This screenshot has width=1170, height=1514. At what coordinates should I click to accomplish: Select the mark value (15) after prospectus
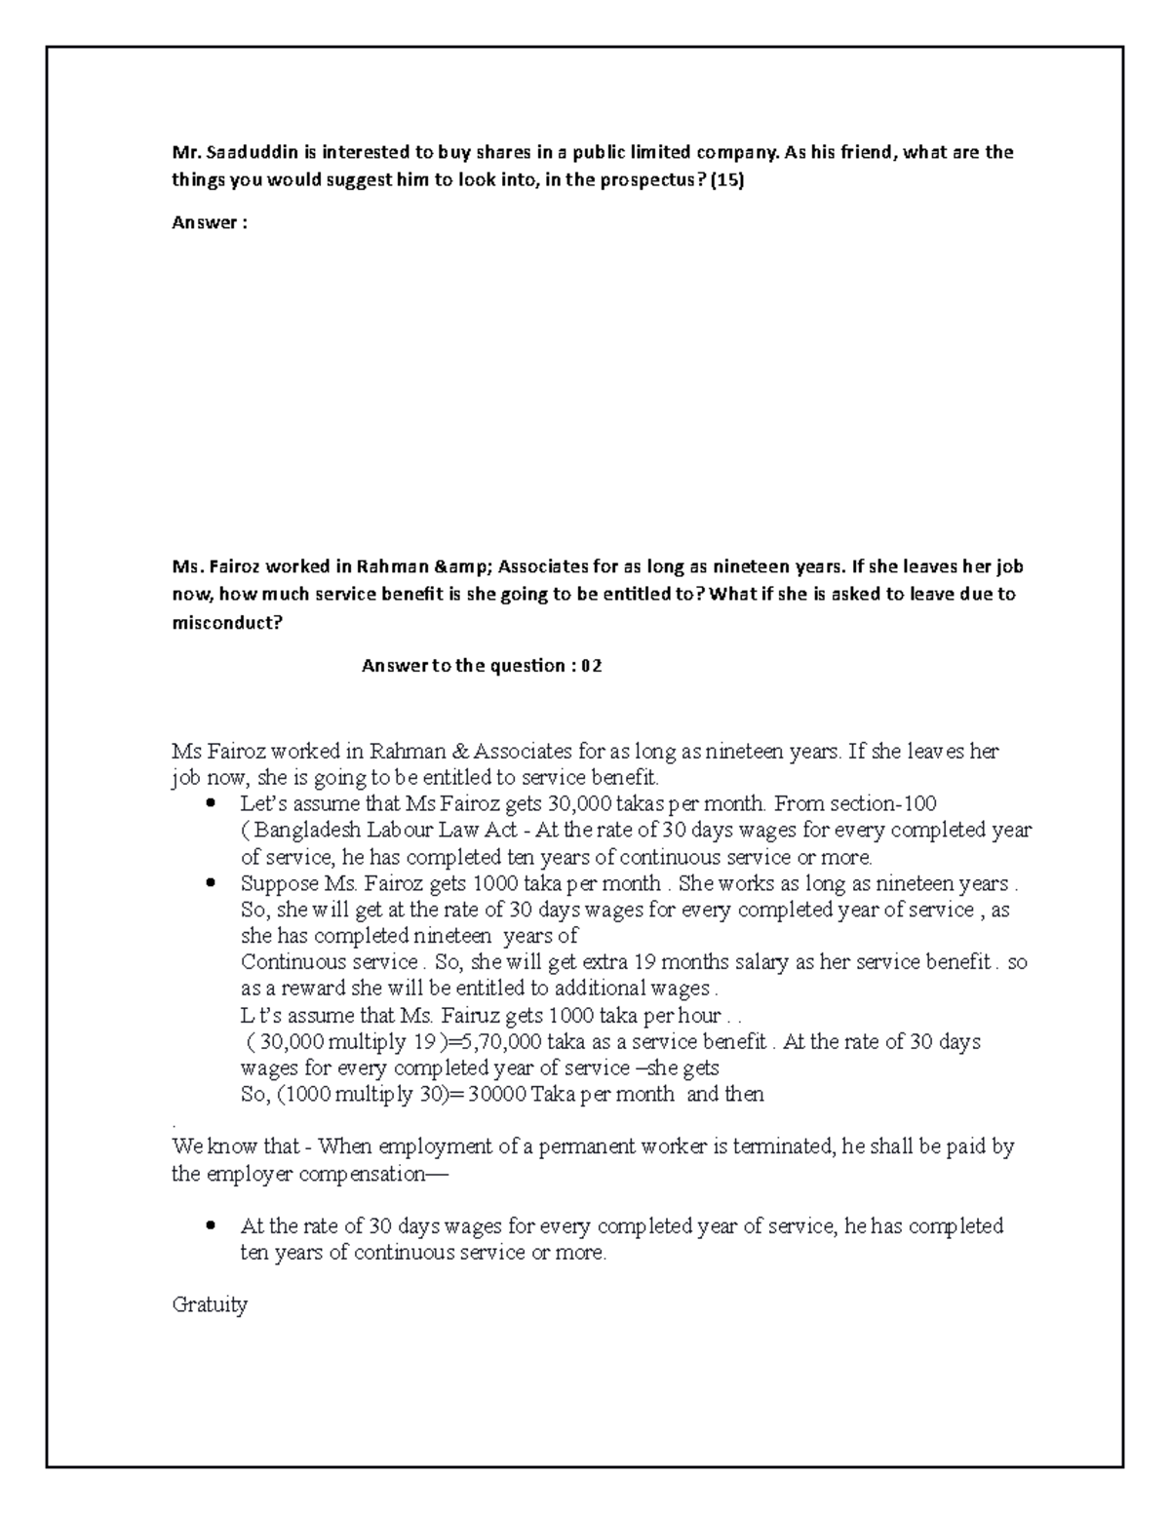(726, 180)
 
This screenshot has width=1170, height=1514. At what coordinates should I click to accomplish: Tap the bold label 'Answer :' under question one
(210, 223)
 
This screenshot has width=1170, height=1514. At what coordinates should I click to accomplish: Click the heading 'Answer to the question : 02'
(482, 666)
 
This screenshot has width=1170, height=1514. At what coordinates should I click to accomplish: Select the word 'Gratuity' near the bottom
(210, 1304)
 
